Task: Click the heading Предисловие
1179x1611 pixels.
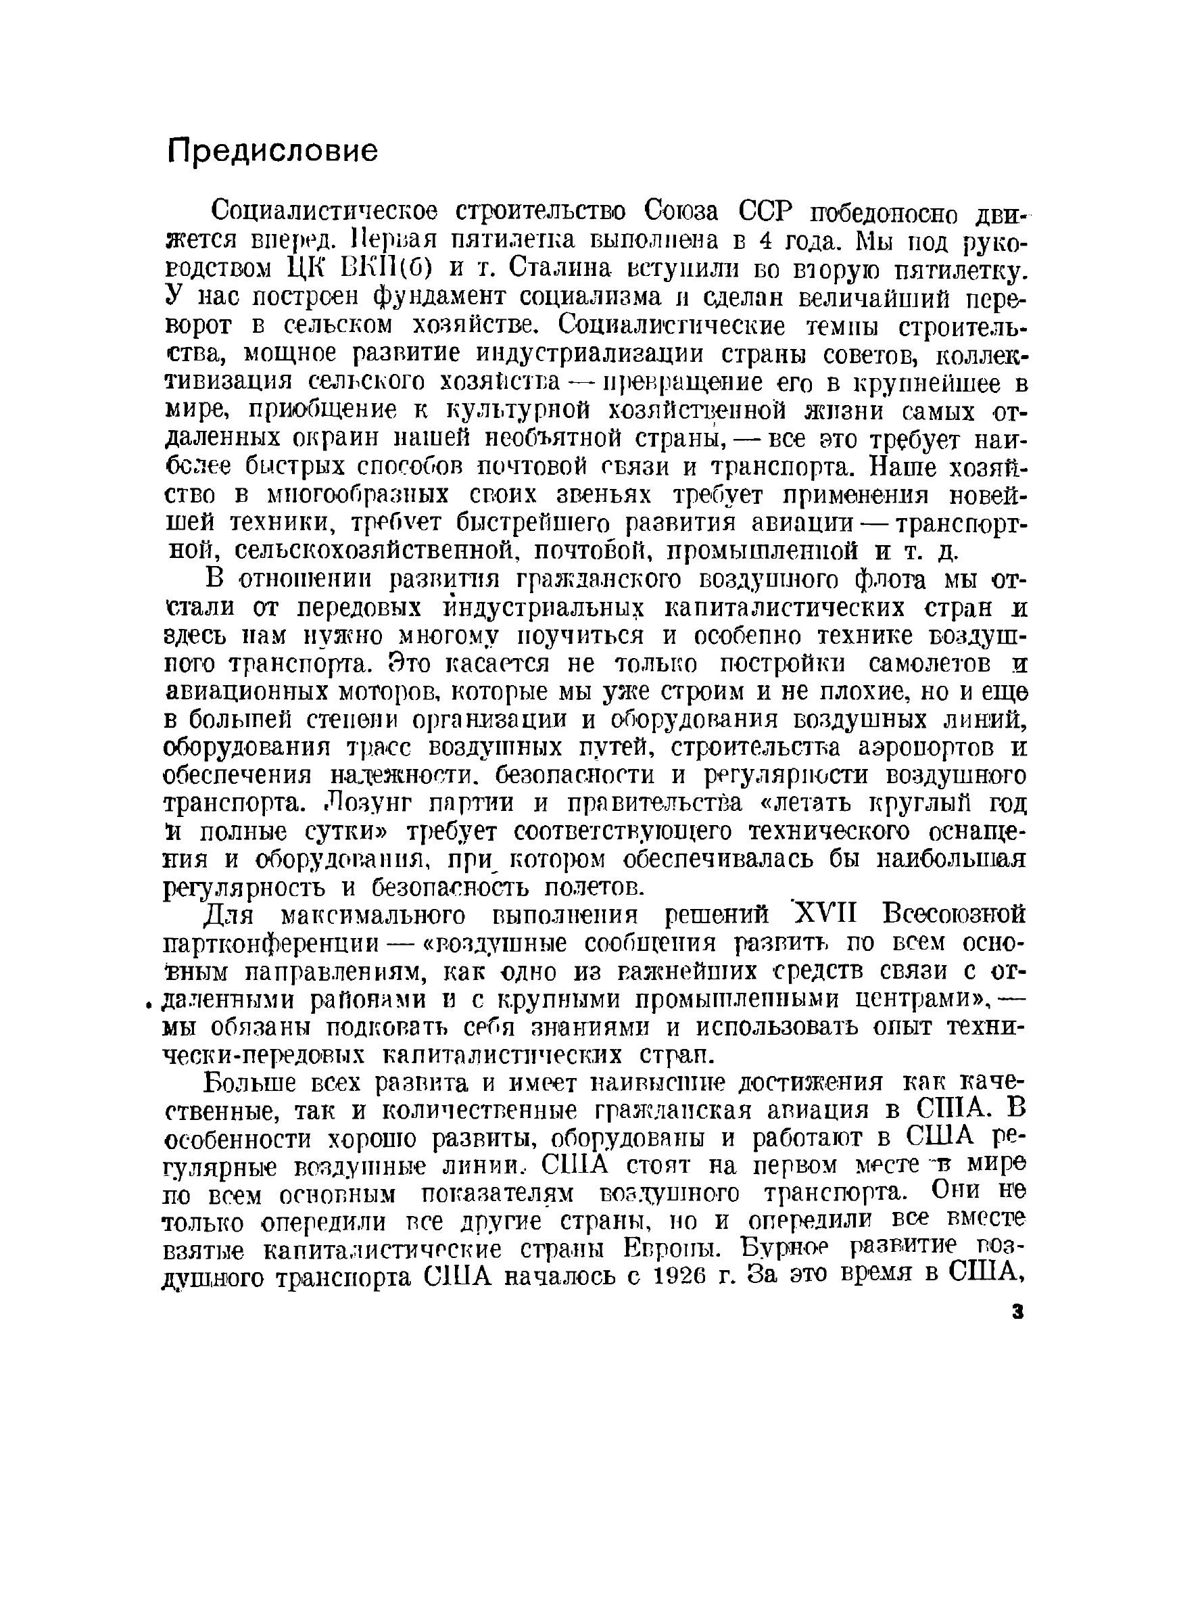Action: (272, 151)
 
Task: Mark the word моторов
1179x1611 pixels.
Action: (386, 693)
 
